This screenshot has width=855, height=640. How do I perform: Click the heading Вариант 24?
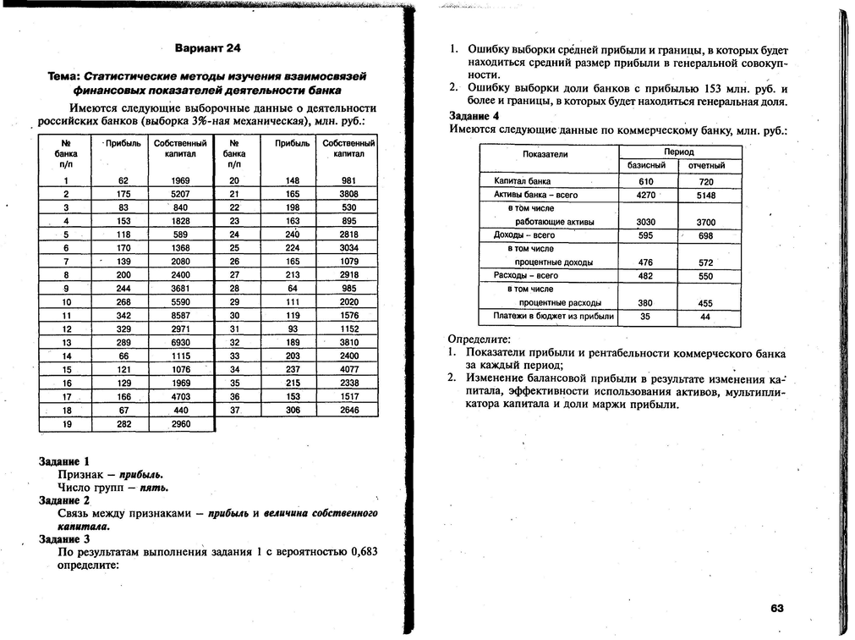coord(207,47)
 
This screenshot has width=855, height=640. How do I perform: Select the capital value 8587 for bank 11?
coord(181,315)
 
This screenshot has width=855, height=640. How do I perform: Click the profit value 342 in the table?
coord(124,315)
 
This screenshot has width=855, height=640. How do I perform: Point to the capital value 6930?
coord(181,342)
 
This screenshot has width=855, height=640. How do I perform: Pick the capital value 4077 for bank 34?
coord(349,369)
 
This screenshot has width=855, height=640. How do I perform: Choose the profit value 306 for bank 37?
coord(293,410)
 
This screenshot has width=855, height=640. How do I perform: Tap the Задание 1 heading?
coord(64,461)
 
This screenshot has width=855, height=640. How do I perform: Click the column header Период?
coord(678,152)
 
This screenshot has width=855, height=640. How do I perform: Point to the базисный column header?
coord(646,165)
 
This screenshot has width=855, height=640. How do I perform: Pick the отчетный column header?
coord(706,166)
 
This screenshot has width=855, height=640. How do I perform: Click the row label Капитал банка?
coord(522,181)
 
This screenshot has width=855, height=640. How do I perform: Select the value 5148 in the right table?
coord(706,196)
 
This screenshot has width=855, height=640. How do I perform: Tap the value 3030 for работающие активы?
coord(645,223)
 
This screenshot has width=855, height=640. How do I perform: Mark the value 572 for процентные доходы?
coord(706,263)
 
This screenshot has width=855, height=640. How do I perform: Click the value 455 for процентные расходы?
coord(706,303)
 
